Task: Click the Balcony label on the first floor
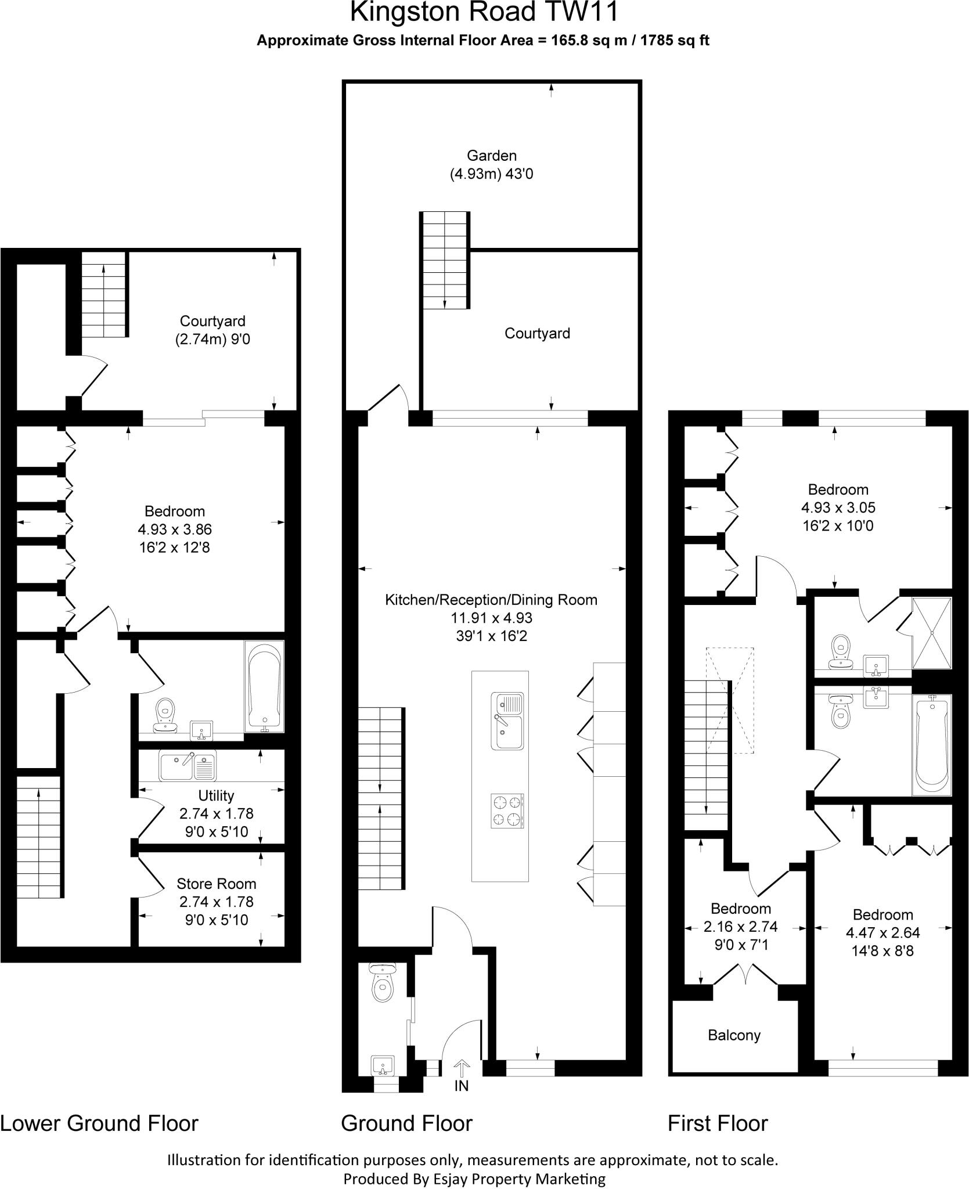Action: (x=734, y=1035)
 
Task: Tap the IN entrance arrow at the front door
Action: (x=462, y=1069)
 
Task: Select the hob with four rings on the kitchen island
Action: (x=508, y=810)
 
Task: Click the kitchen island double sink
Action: (x=508, y=720)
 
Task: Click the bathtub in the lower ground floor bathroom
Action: (x=264, y=685)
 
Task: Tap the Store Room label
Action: (x=216, y=884)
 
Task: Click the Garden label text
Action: (x=492, y=156)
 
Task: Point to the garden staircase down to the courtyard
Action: (x=445, y=260)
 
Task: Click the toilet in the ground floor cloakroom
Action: (x=382, y=983)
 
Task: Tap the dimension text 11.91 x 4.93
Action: (x=491, y=618)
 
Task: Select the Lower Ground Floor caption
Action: (x=99, y=1123)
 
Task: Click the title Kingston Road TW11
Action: (x=484, y=13)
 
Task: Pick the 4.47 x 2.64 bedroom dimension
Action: (x=882, y=932)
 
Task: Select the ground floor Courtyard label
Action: (x=537, y=333)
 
